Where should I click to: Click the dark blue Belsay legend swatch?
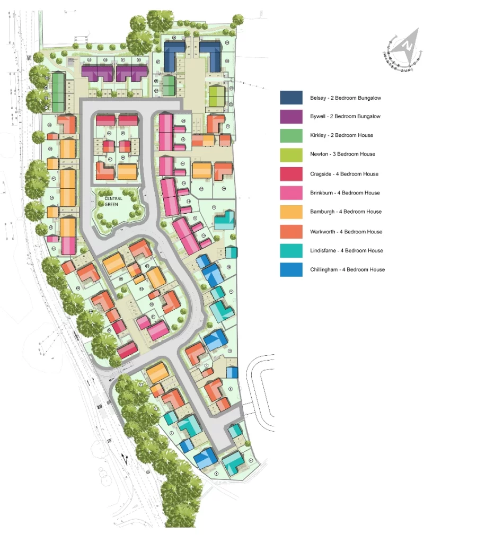tap(291, 98)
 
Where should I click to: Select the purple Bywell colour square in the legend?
tap(291, 117)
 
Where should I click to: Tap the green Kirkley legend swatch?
tap(291, 135)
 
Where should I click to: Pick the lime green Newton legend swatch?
tap(291, 154)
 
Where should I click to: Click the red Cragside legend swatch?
tap(291, 174)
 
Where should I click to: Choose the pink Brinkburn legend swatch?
tap(291, 193)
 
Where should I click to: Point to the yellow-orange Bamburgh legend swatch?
tap(291, 212)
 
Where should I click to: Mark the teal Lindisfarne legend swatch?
tap(291, 250)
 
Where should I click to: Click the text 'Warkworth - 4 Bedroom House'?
tap(346, 232)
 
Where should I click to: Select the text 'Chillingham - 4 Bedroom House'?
tap(347, 269)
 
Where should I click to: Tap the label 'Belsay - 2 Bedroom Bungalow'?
tap(346, 98)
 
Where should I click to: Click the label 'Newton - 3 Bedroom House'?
tap(342, 154)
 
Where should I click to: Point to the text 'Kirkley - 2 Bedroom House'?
tap(341, 135)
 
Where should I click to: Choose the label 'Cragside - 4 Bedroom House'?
tap(344, 174)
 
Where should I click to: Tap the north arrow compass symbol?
tap(407, 47)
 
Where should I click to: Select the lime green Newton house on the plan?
tap(216, 97)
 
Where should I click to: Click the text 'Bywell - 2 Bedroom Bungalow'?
tap(345, 117)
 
